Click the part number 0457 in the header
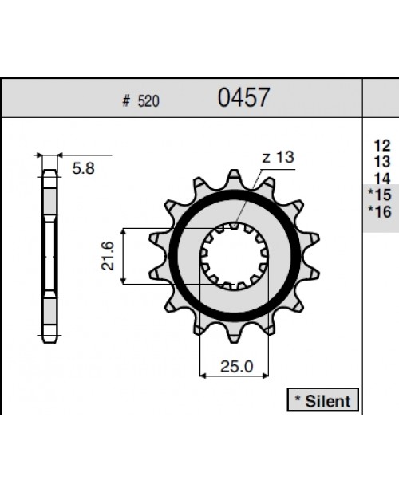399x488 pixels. pyautogui.click(x=243, y=98)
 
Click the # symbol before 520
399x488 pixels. pyautogui.click(x=125, y=102)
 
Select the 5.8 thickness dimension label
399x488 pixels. pyautogui.click(x=81, y=169)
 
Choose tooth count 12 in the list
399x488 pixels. pyautogui.click(x=381, y=145)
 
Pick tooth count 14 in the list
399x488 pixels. pyautogui.click(x=381, y=178)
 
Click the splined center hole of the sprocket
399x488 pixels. pyautogui.click(x=235, y=255)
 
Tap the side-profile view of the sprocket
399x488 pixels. pyautogui.click(x=49, y=255)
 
